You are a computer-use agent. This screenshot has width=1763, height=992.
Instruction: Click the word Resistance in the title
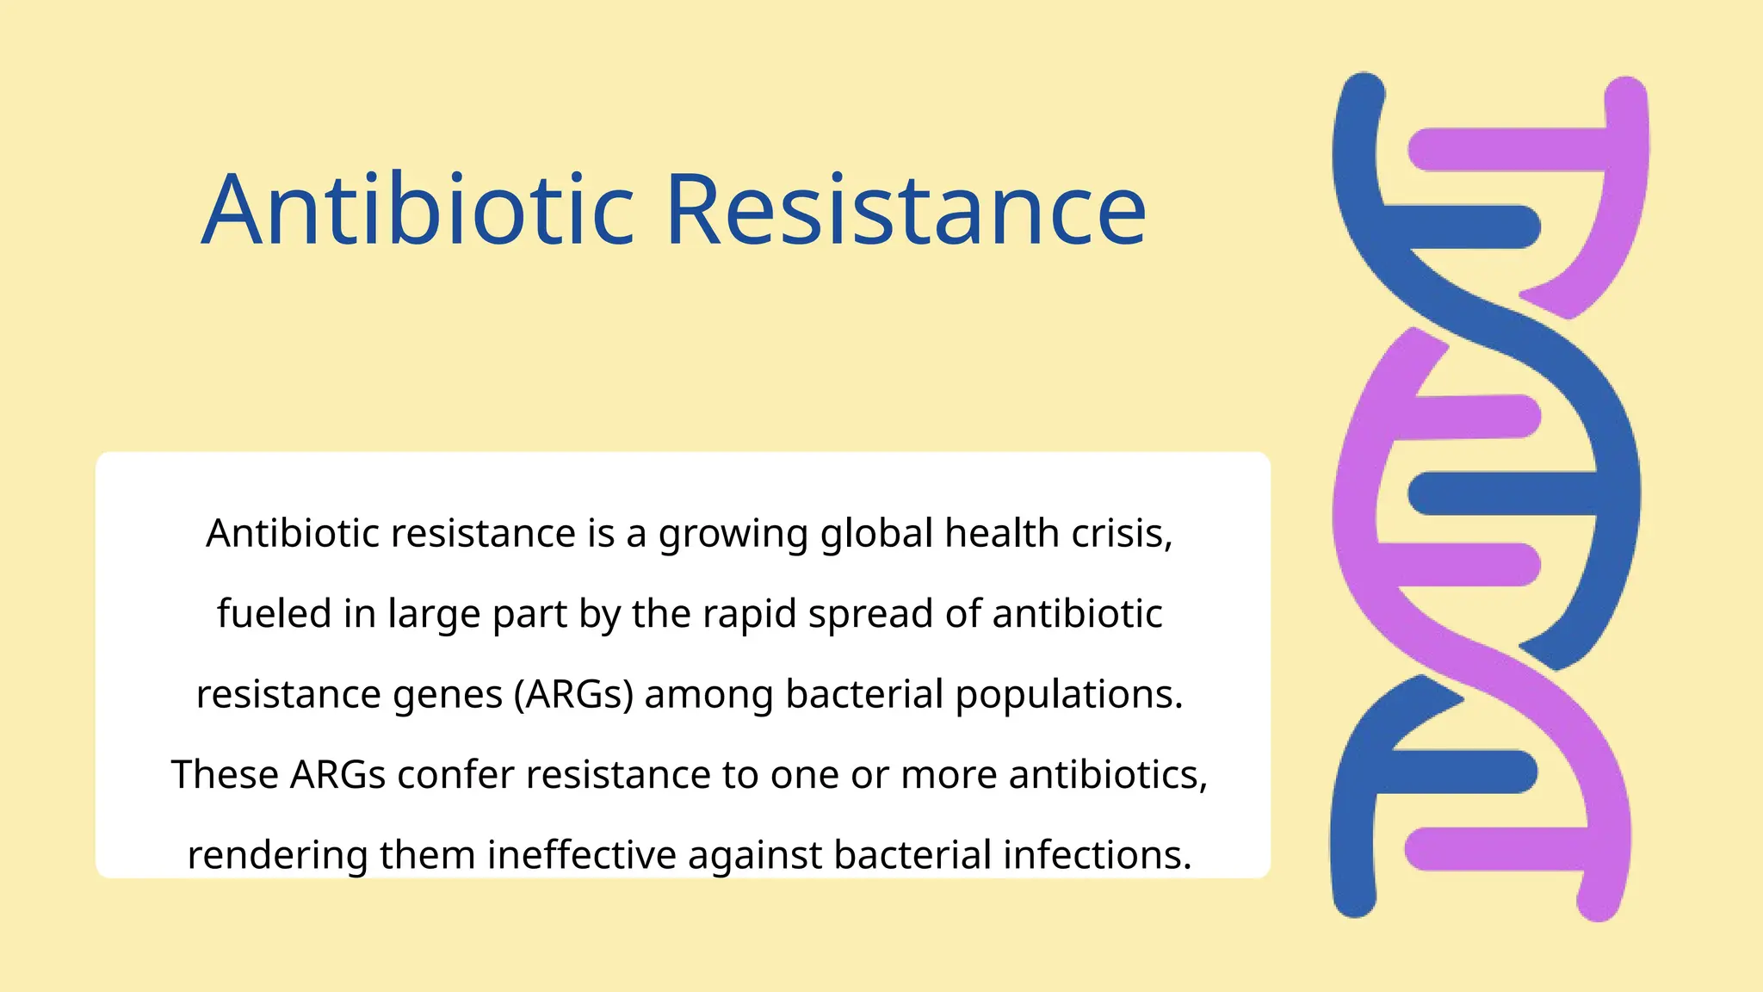point(906,210)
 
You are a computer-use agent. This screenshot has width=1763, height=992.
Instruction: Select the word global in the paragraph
point(876,534)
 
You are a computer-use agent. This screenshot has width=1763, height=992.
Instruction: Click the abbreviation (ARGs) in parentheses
point(573,694)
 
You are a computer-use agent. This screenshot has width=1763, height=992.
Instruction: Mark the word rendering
point(277,855)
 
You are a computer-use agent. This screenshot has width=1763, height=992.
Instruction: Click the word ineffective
point(582,854)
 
